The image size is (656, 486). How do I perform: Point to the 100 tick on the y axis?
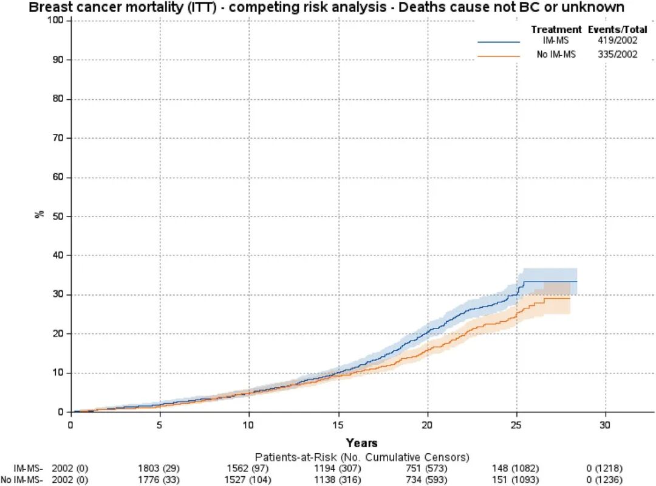point(69,21)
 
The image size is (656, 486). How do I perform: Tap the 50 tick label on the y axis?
point(58,216)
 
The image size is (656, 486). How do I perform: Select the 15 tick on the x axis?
point(338,414)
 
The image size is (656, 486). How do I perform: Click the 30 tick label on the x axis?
point(605,425)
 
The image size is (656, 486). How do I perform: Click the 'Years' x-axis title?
point(362,443)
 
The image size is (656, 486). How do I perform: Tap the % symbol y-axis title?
point(39,214)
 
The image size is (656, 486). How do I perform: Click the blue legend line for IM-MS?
point(499,42)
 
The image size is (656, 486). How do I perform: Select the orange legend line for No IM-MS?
point(499,56)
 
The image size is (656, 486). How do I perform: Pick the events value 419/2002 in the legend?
point(618,40)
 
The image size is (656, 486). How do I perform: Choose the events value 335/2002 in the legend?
point(618,54)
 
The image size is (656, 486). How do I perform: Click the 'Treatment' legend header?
point(556,29)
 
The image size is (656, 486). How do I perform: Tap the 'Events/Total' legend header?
point(618,29)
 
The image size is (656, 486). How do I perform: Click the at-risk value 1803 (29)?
point(159,468)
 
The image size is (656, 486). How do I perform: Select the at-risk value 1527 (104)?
point(248,479)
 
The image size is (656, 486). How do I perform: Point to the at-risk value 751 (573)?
point(426,468)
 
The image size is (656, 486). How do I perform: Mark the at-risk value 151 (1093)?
point(515,479)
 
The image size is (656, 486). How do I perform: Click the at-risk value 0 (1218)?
point(604,468)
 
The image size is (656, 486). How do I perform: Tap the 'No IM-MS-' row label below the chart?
point(22,479)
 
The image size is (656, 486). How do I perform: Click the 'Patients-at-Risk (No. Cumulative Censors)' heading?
point(362,457)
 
